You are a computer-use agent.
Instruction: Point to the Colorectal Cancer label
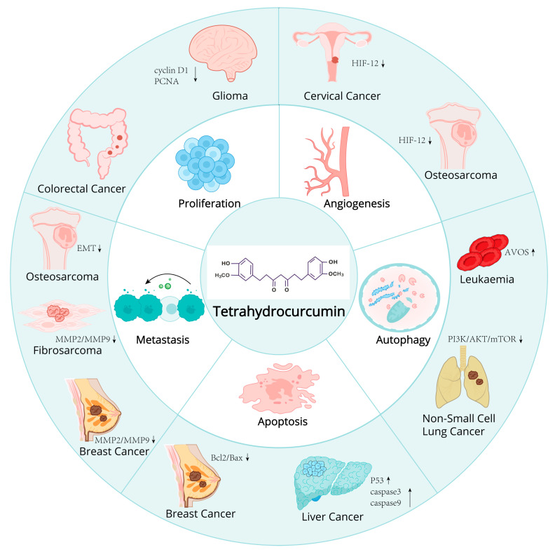pyautogui.click(x=81, y=188)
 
